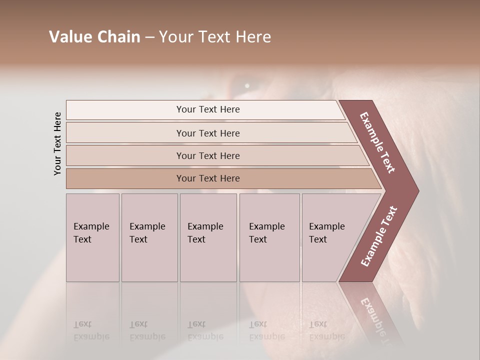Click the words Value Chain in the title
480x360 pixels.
click(94, 37)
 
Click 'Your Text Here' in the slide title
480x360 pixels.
click(215, 37)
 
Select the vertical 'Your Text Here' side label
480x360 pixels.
click(58, 144)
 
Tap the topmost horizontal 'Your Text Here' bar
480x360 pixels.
click(208, 109)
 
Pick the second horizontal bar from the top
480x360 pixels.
click(208, 133)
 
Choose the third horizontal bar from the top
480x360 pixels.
click(208, 155)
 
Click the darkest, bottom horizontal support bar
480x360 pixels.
click(208, 178)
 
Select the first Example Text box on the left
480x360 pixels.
click(92, 237)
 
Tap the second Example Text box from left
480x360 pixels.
click(149, 237)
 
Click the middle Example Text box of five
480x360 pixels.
click(208, 237)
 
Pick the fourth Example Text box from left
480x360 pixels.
click(269, 237)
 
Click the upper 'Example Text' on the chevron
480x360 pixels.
click(378, 142)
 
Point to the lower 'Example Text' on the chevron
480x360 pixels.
click(379, 236)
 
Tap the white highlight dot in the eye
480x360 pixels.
click(247, 86)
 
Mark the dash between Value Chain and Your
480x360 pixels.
click(149, 37)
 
